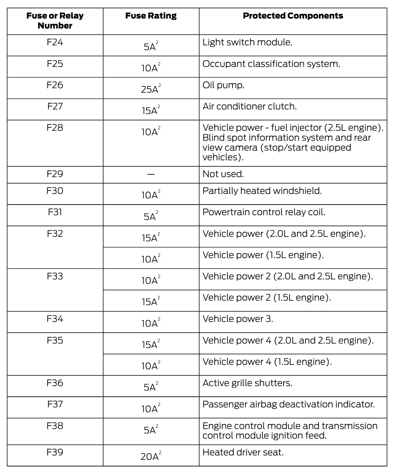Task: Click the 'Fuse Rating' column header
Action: point(151,16)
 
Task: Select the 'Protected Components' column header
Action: point(293,16)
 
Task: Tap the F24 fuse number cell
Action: point(55,43)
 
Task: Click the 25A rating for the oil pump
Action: point(150,89)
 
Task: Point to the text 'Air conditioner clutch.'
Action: point(250,106)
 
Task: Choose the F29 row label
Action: point(55,174)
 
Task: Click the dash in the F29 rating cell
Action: point(151,174)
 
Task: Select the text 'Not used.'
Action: point(223,174)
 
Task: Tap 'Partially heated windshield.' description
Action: point(262,191)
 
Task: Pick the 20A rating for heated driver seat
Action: point(150,456)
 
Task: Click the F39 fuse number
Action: point(55,452)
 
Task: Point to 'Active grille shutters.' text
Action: point(247,383)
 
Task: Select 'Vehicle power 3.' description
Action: point(238,319)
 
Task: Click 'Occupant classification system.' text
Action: point(271,64)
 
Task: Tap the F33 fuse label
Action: point(55,276)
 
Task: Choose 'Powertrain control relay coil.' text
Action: point(264,212)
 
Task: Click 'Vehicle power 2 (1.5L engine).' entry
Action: point(267,298)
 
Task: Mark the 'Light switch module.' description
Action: point(247,43)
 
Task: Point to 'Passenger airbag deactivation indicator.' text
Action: point(288,404)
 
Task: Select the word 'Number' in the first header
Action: point(55,26)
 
